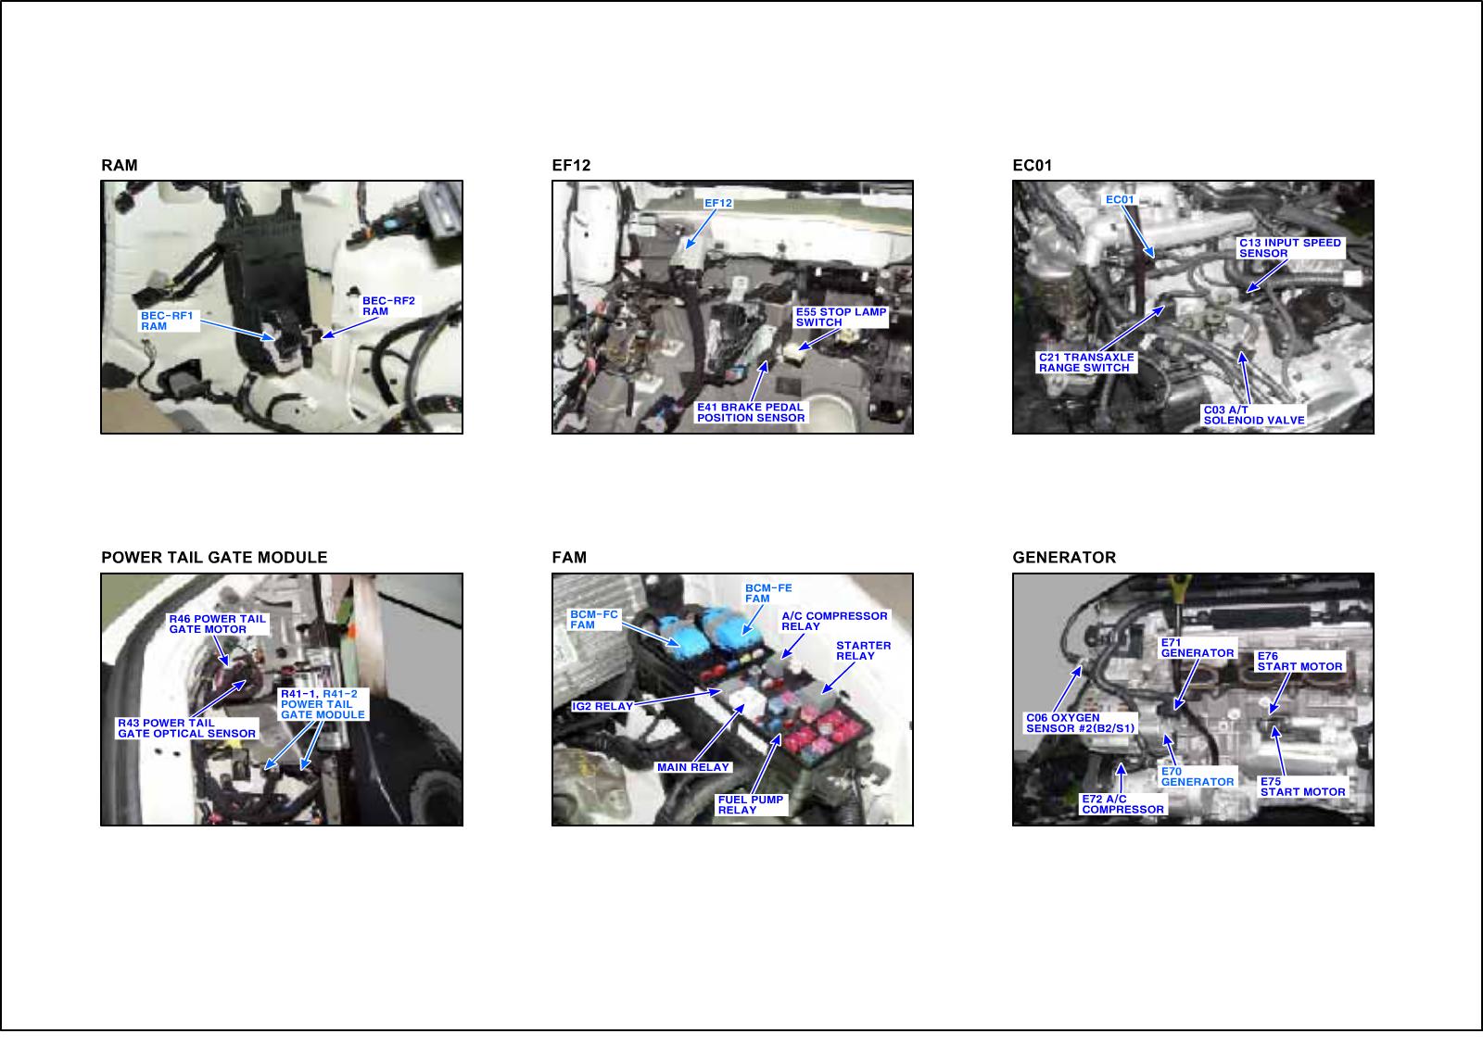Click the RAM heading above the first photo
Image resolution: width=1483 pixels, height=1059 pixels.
coord(120,166)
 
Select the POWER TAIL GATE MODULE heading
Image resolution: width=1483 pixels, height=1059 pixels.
coord(214,558)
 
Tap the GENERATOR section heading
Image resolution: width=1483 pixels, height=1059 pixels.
coord(1064,558)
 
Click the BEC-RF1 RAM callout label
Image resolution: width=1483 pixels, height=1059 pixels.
coord(167,321)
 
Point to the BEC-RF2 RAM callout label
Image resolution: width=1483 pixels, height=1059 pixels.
coord(388,306)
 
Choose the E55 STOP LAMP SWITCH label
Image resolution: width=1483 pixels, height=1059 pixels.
coord(841,317)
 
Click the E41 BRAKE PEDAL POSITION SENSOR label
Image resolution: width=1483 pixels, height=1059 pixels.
coord(751,412)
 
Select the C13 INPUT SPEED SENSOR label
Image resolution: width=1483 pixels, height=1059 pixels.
coord(1289,248)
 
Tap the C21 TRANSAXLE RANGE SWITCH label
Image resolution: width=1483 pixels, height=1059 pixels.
coord(1086,362)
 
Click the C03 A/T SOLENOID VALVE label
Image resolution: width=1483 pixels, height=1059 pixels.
coord(1254,415)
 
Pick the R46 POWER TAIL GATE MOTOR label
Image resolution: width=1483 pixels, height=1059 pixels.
coord(217,624)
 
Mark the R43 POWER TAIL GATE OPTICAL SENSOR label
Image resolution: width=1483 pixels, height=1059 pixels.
coord(186,728)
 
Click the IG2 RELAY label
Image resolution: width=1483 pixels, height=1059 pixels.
coord(602,706)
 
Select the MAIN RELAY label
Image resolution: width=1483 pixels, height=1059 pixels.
coord(693,767)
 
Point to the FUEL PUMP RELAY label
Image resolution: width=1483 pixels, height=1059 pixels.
coord(751,805)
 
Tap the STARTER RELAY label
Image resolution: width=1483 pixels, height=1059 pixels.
coord(863,650)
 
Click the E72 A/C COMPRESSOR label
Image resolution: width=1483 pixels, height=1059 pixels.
coord(1122,804)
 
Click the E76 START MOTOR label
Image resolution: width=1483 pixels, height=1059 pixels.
coord(1299,662)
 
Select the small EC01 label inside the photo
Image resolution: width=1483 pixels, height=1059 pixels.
coord(1121,200)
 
